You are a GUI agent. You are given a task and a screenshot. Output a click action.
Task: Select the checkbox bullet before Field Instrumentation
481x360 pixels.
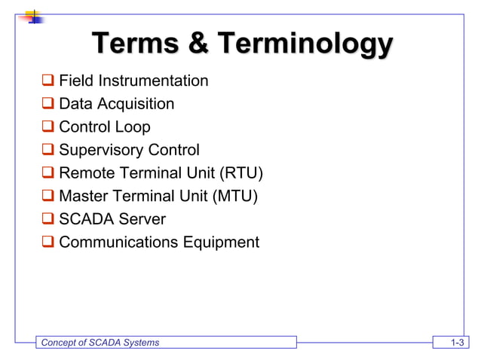(x=48, y=81)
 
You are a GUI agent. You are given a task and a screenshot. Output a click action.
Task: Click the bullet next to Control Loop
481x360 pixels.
(x=48, y=127)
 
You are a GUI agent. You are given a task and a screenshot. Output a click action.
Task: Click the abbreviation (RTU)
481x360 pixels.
(x=240, y=174)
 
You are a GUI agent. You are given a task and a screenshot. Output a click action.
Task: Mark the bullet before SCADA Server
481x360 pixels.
(x=48, y=220)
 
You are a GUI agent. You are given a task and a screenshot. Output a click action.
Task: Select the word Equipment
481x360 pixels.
(x=220, y=243)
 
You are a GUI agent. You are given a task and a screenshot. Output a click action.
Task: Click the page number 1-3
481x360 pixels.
(x=455, y=343)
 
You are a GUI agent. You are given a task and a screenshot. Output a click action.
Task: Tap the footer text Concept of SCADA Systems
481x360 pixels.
(x=100, y=343)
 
